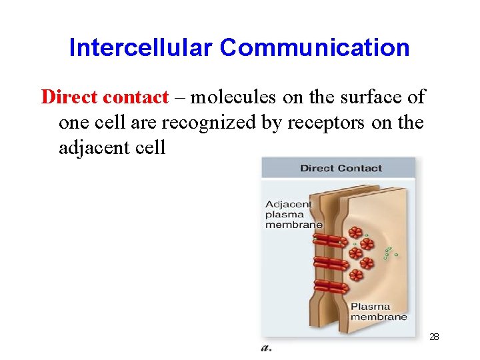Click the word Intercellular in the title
point(141,47)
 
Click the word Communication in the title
point(315,47)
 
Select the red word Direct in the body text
point(70,97)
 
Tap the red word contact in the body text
point(136,97)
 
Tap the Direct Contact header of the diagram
point(341,168)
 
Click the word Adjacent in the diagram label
point(288,204)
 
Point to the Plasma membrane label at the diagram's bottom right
point(379,312)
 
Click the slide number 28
point(434,337)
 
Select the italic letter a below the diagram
point(266,347)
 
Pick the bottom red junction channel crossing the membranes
point(329,287)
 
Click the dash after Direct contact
point(181,98)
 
